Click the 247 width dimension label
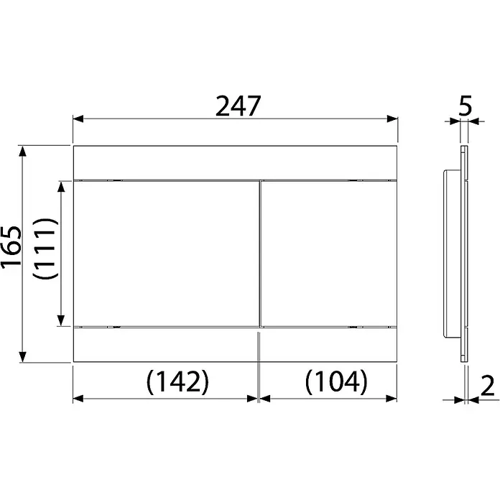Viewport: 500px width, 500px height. (239, 106)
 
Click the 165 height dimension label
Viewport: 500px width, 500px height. (11, 247)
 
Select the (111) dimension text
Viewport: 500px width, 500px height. (45, 249)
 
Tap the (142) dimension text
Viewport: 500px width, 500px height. (177, 381)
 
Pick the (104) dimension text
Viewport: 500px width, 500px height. (336, 381)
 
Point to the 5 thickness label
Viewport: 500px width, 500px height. (465, 106)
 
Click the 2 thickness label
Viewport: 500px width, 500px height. (487, 386)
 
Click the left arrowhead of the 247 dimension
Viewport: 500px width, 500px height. (78, 119)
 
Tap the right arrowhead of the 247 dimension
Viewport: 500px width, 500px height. (392, 119)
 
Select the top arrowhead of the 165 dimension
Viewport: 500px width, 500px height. (22, 151)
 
